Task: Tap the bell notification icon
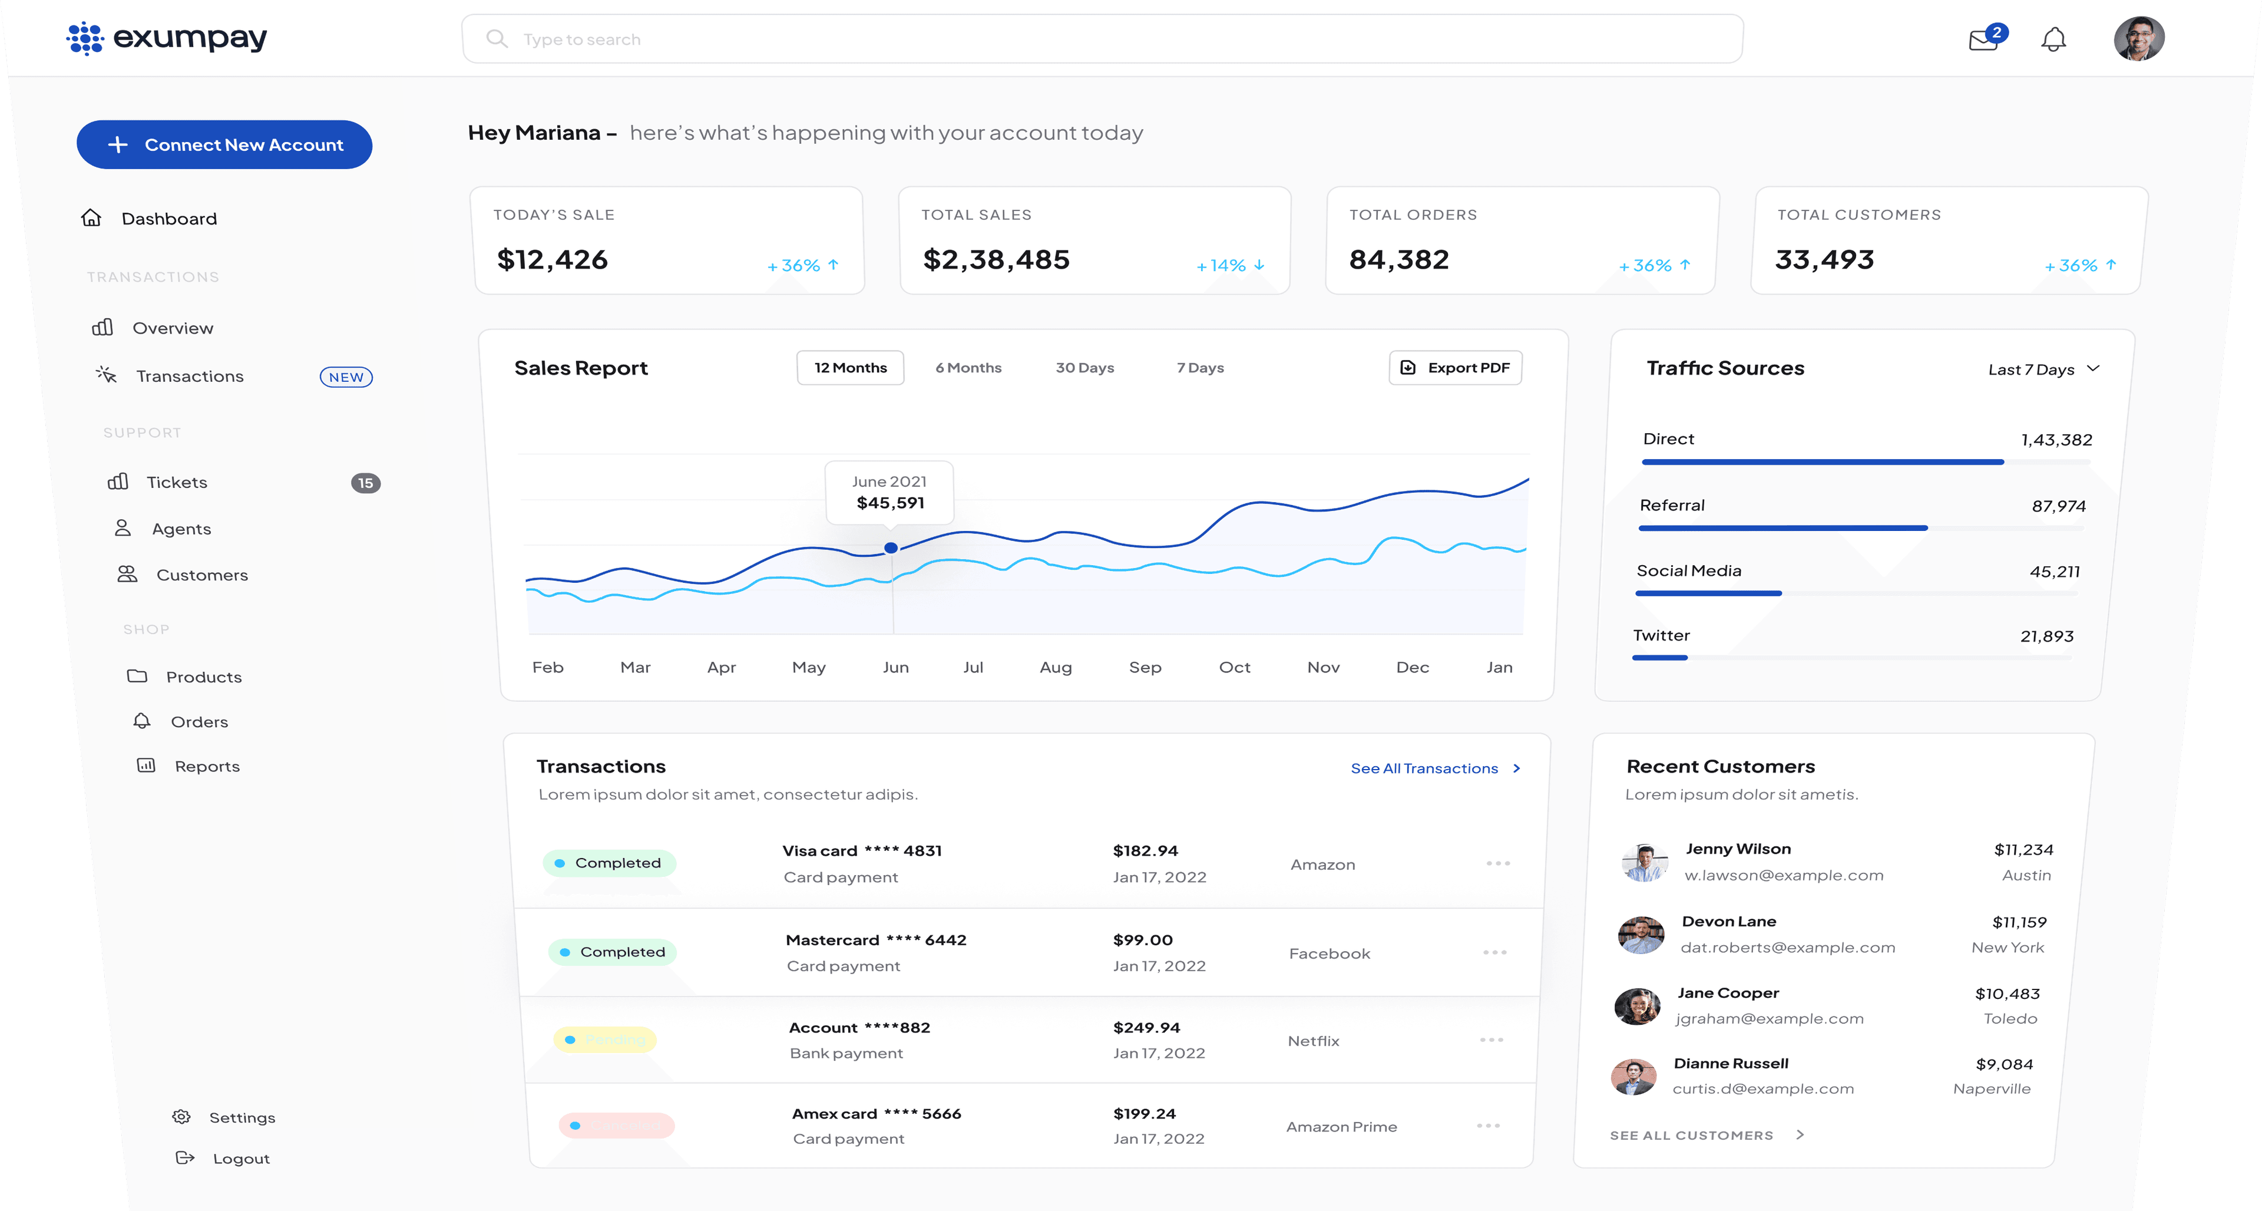coord(2053,39)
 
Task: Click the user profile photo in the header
coord(2138,39)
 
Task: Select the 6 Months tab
coord(968,368)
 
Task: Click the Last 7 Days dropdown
coord(2042,369)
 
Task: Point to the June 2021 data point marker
coord(891,548)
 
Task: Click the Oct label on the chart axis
coord(1233,668)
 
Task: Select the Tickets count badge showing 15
coord(365,483)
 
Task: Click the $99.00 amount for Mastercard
coord(1142,940)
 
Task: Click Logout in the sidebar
coord(240,1159)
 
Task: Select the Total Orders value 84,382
coord(1399,260)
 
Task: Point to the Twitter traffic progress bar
coord(1659,658)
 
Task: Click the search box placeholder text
coord(581,39)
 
